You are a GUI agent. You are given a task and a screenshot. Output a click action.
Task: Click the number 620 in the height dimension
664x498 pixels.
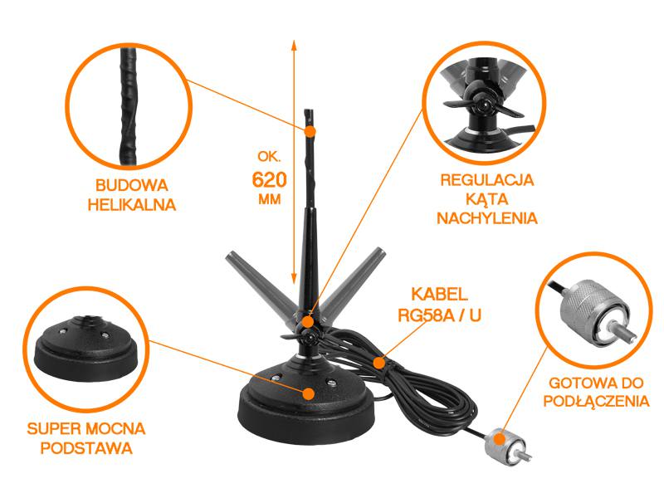click(269, 180)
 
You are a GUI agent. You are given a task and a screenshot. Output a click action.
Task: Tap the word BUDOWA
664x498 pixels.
click(131, 185)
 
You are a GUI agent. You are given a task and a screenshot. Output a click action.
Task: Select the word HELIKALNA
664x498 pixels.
click(131, 204)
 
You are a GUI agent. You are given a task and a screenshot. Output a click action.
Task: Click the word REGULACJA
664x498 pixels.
click(487, 179)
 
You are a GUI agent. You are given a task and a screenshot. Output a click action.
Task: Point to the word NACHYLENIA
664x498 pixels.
click(487, 218)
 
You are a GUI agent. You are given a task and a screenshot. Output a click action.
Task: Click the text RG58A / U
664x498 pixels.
click(440, 315)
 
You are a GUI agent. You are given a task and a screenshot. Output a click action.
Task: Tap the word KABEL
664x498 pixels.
click(440, 294)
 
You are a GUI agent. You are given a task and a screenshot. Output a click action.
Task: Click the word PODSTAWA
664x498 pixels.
click(86, 448)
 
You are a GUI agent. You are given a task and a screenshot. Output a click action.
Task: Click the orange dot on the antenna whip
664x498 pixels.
click(310, 131)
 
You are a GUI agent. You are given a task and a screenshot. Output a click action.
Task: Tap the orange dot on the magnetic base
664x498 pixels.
click(309, 393)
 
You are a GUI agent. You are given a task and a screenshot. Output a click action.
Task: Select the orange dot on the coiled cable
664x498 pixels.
click(379, 363)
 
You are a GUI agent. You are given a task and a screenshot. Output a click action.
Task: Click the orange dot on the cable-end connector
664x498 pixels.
click(500, 438)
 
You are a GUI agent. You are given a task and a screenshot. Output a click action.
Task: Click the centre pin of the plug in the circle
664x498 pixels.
click(623, 330)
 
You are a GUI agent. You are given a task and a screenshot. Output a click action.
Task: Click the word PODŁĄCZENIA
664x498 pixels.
click(596, 402)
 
